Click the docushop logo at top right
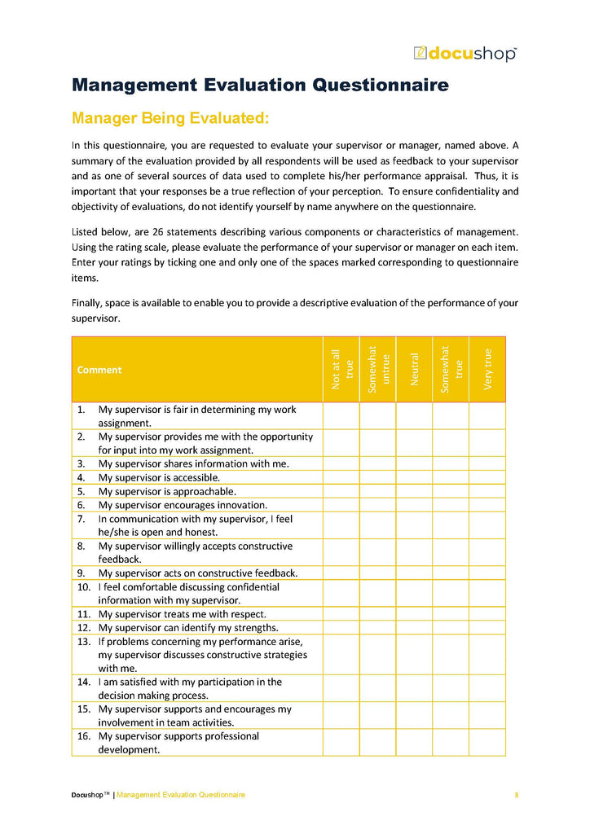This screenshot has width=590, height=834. point(465,54)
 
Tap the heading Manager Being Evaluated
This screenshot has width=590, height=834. point(170,119)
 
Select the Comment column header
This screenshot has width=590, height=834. point(99,370)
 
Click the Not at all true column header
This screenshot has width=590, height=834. point(341,369)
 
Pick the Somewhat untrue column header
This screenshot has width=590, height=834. point(378,369)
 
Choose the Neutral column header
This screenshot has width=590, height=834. point(414,369)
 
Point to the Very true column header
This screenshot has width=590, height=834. point(487,369)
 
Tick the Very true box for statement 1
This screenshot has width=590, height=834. point(487,415)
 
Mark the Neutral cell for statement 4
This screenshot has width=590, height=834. point(414,477)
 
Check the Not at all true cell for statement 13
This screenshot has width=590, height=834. point(341,655)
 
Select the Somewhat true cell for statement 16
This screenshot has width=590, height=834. point(451,742)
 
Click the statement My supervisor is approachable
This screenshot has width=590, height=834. point(167,491)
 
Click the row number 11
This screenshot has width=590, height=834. point(83,614)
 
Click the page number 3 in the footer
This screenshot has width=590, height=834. point(516,794)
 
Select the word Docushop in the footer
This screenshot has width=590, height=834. point(86,794)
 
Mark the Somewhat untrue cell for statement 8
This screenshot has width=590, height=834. point(378,552)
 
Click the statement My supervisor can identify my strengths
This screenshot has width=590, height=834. point(188,628)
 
